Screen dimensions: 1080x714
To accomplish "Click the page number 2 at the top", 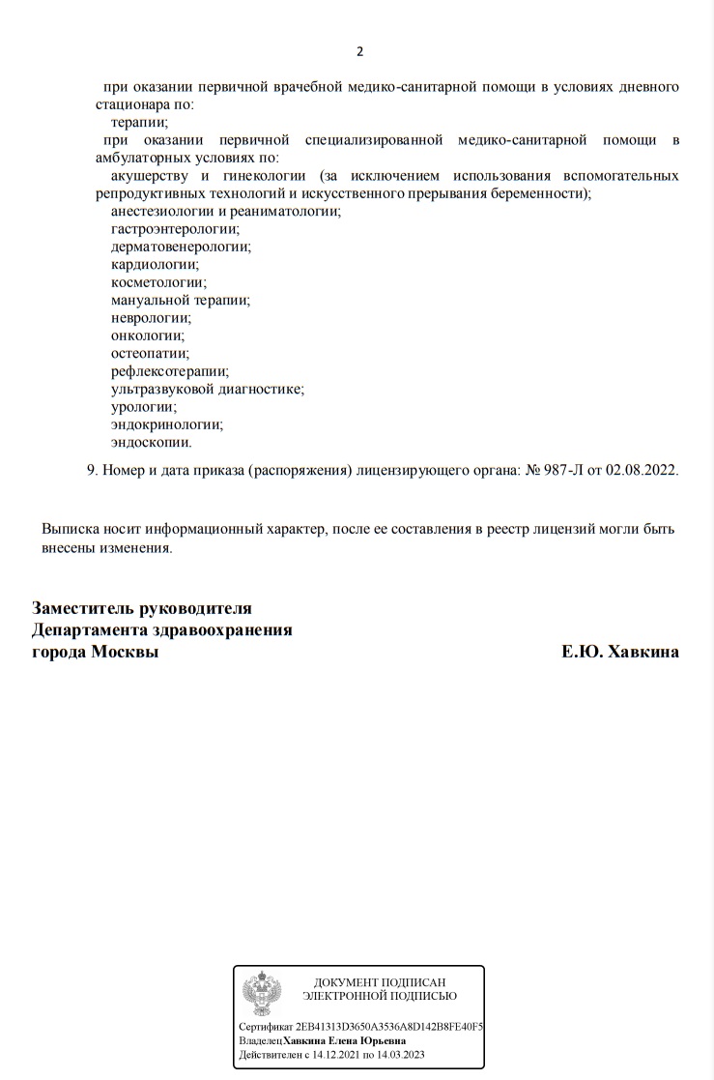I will [360, 51].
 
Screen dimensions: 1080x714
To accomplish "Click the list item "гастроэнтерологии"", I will [175, 228].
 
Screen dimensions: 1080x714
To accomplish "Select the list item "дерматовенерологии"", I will [181, 247].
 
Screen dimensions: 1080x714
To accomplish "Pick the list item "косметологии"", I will [158, 282].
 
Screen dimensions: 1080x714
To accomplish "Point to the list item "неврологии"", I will [151, 317].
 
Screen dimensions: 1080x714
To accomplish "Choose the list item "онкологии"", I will [148, 336].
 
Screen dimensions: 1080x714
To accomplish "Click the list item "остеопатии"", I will [150, 353].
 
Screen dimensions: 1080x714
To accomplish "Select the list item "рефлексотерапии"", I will [169, 370].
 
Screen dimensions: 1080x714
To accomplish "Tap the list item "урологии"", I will [144, 406].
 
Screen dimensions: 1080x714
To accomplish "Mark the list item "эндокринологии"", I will [167, 423].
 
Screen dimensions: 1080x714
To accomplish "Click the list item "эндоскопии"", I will [152, 442].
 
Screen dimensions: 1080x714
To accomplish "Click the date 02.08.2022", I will [643, 470].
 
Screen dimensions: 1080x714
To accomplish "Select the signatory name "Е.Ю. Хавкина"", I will [620, 652].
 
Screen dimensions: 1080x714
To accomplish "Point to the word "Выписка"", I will [70, 530].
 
